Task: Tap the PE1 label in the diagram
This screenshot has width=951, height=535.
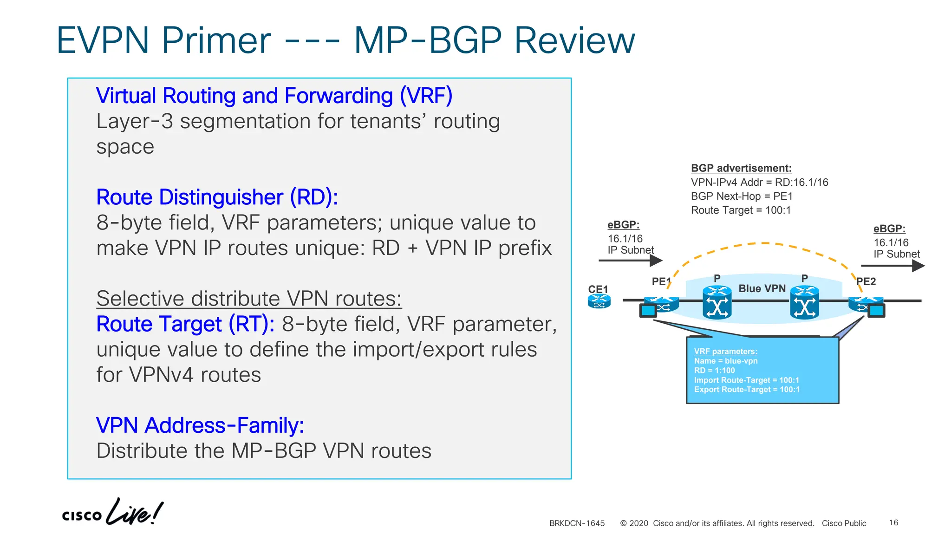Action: click(661, 281)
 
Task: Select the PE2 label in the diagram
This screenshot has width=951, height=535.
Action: click(866, 281)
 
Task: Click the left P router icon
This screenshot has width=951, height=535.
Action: click(717, 303)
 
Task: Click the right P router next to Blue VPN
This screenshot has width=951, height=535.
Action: click(804, 303)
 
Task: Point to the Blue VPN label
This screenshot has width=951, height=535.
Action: click(762, 288)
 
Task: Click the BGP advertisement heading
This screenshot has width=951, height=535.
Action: click(741, 168)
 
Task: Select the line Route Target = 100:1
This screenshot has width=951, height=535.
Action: click(741, 210)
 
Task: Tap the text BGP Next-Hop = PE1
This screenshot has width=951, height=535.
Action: click(742, 196)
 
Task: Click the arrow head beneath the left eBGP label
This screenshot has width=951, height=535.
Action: click(656, 261)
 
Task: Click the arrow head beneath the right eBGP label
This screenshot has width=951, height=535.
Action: click(918, 266)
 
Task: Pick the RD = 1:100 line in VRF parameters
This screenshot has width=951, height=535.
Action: click(714, 371)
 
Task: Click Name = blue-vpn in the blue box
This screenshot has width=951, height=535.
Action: click(726, 361)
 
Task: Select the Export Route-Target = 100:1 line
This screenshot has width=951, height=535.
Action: click(747, 390)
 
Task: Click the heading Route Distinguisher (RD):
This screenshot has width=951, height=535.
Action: click(217, 197)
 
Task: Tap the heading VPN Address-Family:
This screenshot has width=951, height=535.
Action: click(200, 425)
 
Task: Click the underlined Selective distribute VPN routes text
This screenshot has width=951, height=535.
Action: click(249, 299)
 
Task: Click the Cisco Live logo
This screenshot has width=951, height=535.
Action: click(112, 512)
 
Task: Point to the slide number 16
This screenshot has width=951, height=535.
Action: click(893, 523)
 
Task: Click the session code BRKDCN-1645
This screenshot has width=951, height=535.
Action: click(577, 523)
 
